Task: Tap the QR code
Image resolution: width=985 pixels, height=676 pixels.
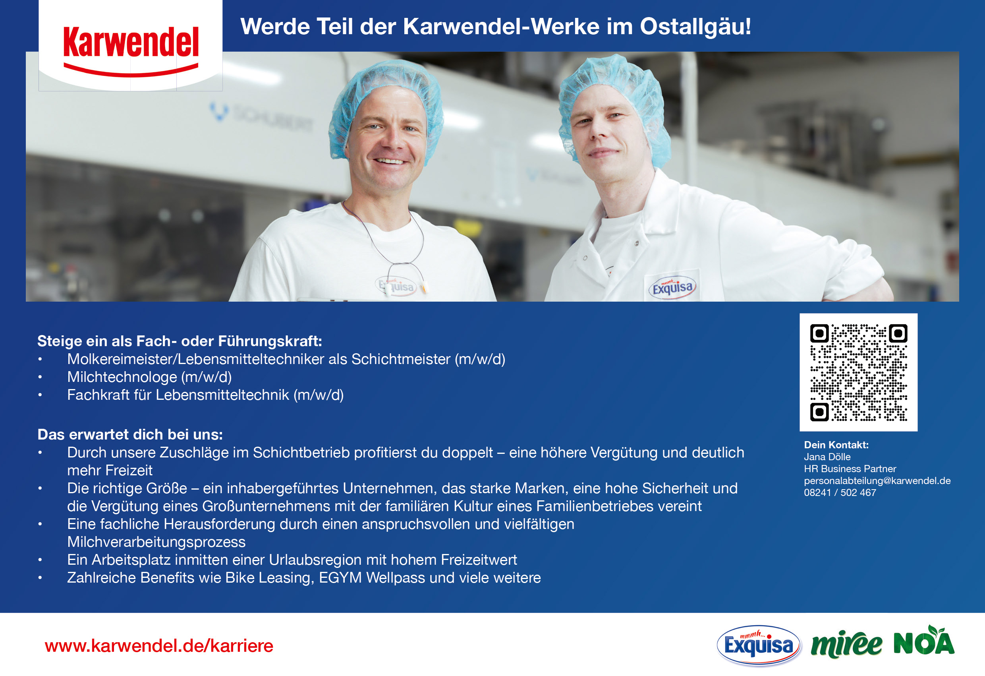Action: coord(858,372)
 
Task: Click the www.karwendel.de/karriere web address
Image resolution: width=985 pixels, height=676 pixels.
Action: coord(159,645)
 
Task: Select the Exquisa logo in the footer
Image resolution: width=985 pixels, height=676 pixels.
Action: coord(758,645)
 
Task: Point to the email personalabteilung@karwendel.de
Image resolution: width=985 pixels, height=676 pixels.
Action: coord(877,480)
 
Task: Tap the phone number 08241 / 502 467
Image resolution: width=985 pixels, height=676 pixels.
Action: coord(840,492)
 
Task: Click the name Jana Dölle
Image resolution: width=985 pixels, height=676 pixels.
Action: coord(827,457)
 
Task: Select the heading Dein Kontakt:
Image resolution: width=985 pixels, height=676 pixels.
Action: coord(836,445)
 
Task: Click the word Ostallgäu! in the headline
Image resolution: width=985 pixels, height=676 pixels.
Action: coord(695,27)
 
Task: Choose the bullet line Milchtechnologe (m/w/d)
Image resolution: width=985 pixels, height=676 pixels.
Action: coord(149,377)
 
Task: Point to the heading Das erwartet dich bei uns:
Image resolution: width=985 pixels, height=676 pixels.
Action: coord(130,434)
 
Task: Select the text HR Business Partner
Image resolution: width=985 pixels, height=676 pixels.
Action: coord(850,469)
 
